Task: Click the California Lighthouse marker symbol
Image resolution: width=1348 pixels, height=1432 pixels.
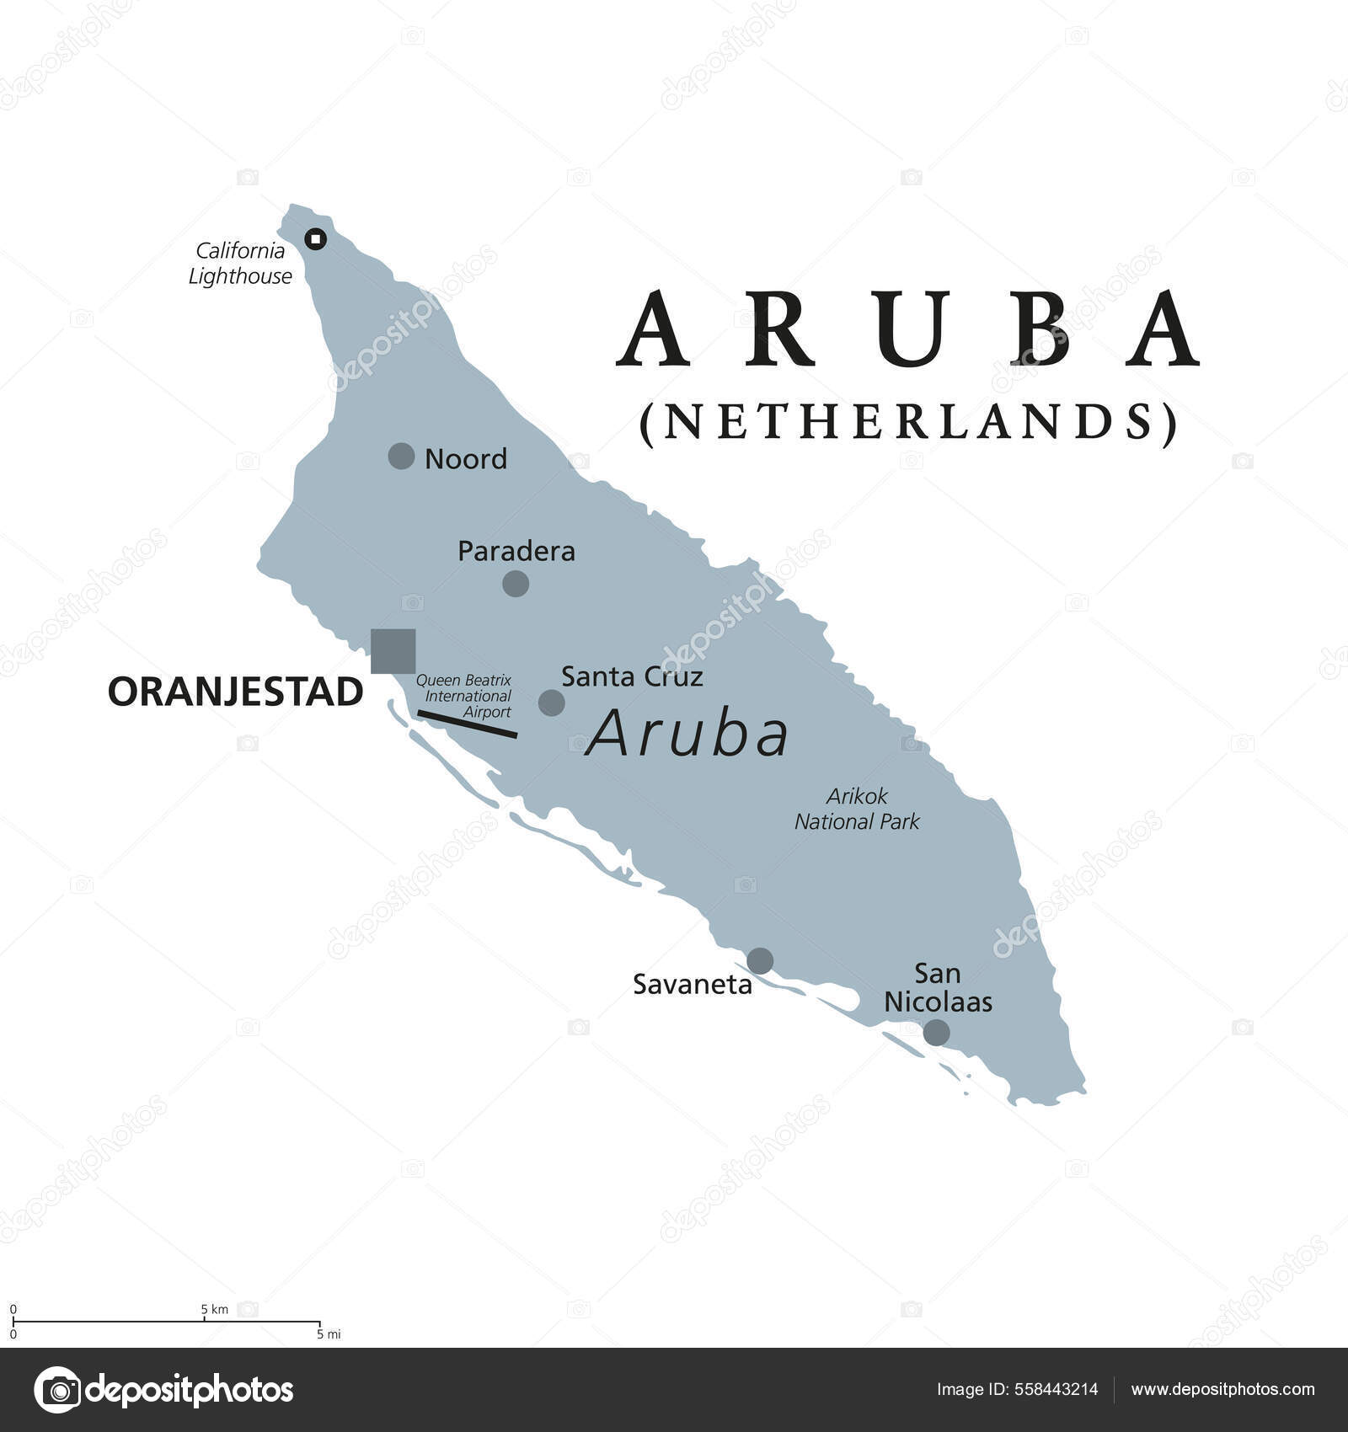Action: [316, 239]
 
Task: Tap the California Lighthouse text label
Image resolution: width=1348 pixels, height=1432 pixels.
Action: [240, 263]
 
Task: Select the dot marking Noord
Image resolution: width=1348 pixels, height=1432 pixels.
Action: [401, 457]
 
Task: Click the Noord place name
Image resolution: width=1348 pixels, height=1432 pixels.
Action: [465, 459]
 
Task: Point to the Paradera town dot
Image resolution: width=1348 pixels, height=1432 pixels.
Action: [516, 583]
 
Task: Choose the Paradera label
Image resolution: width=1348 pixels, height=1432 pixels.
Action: [516, 552]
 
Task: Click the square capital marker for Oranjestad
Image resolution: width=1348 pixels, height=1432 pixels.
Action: [393, 651]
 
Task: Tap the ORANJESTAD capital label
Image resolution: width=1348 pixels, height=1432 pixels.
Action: [235, 692]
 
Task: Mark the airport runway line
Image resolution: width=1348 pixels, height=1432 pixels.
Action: [468, 724]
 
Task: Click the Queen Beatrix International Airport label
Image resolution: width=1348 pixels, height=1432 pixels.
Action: [464, 696]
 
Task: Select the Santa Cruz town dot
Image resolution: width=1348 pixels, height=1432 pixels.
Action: [551, 703]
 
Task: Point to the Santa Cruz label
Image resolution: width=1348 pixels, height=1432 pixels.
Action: [632, 676]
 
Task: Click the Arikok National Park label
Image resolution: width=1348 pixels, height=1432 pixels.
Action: [857, 809]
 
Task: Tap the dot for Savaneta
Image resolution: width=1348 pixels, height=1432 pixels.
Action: [760, 960]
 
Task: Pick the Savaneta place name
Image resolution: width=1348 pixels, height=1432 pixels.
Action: [692, 985]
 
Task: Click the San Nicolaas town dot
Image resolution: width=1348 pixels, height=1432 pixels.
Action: [936, 1033]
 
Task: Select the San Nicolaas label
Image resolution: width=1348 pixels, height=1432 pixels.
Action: [938, 988]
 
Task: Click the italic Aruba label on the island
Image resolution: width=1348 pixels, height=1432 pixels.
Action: [687, 735]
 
